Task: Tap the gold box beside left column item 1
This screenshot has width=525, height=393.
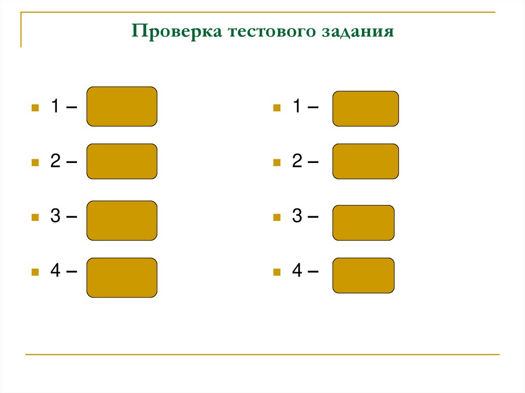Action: pyautogui.click(x=122, y=107)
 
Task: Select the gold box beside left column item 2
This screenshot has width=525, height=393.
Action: pyautogui.click(x=122, y=161)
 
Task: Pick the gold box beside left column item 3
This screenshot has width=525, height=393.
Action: pyautogui.click(x=122, y=220)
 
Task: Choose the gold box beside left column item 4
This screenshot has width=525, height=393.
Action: pyautogui.click(x=122, y=277)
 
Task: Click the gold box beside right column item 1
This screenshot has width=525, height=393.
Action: pyautogui.click(x=366, y=109)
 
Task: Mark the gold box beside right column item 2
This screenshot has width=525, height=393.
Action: pyautogui.click(x=366, y=161)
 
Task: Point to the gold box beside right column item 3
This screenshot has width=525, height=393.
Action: pyautogui.click(x=364, y=223)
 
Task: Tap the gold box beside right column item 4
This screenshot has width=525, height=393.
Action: pyautogui.click(x=364, y=275)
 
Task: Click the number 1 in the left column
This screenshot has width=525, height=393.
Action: pyautogui.click(x=54, y=107)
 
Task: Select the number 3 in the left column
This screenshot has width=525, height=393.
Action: pyautogui.click(x=55, y=216)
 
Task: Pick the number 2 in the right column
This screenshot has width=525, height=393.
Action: pyautogui.click(x=297, y=162)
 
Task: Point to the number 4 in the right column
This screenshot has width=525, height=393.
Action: pyautogui.click(x=297, y=271)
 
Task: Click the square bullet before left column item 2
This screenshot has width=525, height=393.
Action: pyautogui.click(x=35, y=163)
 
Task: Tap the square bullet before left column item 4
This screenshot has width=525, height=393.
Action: pyautogui.click(x=35, y=272)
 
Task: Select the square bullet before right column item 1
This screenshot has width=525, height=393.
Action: pyautogui.click(x=277, y=108)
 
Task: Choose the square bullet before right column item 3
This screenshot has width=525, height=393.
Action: pyautogui.click(x=277, y=217)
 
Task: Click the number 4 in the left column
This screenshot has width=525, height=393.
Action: pyautogui.click(x=55, y=271)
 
